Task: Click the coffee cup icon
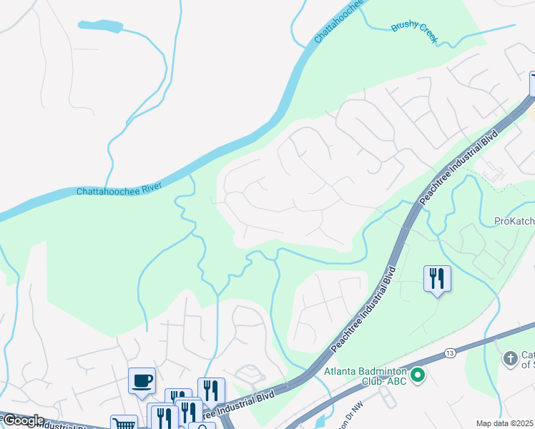coord(142,380)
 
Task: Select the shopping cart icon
coord(124,423)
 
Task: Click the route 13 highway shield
coord(449,353)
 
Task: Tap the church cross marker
coord(510,357)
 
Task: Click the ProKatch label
coord(514,222)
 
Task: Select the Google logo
coord(24,420)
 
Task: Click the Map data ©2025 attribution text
coord(504,423)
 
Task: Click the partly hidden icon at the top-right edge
coord(531,83)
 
